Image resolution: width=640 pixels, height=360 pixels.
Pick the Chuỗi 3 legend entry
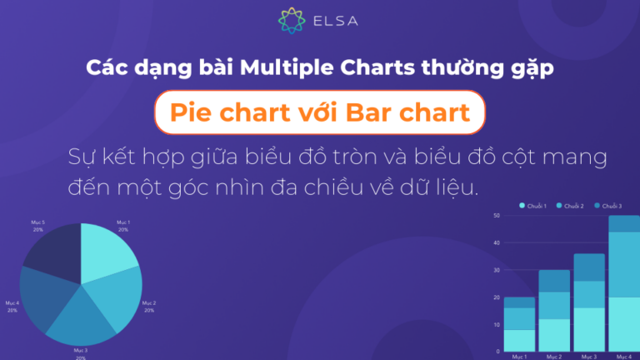[x=608, y=205]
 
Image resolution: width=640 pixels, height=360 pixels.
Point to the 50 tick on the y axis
[x=496, y=216]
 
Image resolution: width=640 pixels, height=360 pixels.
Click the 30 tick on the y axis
[x=496, y=270]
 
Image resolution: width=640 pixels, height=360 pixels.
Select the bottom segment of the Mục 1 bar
[x=520, y=340]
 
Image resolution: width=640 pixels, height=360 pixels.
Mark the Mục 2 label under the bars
[x=554, y=356]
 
